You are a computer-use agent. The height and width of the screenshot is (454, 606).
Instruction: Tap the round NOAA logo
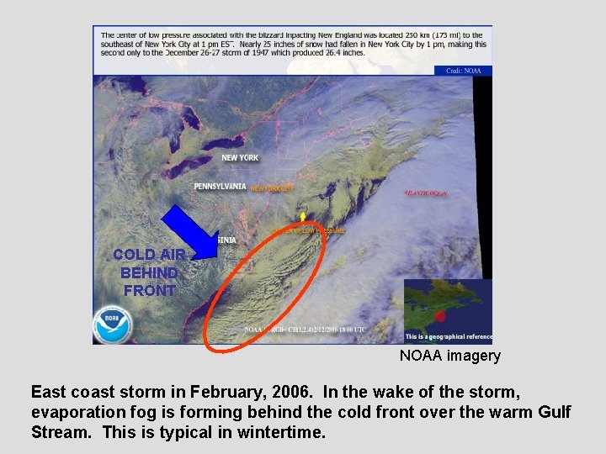[x=113, y=325]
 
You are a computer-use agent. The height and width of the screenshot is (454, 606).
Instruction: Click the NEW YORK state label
[x=240, y=158]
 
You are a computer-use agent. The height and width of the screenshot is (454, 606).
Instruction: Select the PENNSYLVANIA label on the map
[x=220, y=187]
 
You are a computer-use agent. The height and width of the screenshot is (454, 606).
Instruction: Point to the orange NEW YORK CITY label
[x=272, y=189]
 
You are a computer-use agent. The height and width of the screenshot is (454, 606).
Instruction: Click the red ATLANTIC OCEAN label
[x=425, y=193]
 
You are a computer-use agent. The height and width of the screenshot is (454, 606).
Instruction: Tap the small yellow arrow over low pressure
[x=302, y=218]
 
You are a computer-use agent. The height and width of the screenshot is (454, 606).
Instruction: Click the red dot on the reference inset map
[x=439, y=316]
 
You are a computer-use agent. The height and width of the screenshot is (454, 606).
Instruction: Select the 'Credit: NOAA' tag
[x=463, y=71]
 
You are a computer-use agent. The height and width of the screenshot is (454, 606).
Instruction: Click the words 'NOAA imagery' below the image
[x=449, y=356]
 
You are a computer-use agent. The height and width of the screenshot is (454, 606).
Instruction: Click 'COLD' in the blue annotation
[x=134, y=255]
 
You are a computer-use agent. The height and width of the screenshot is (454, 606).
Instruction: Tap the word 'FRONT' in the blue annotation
[x=149, y=291]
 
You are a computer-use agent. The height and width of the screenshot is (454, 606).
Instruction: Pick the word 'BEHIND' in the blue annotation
[x=149, y=273]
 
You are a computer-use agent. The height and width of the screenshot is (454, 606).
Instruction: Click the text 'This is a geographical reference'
[x=448, y=337]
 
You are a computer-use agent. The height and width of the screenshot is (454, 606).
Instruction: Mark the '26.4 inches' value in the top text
[x=343, y=52]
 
